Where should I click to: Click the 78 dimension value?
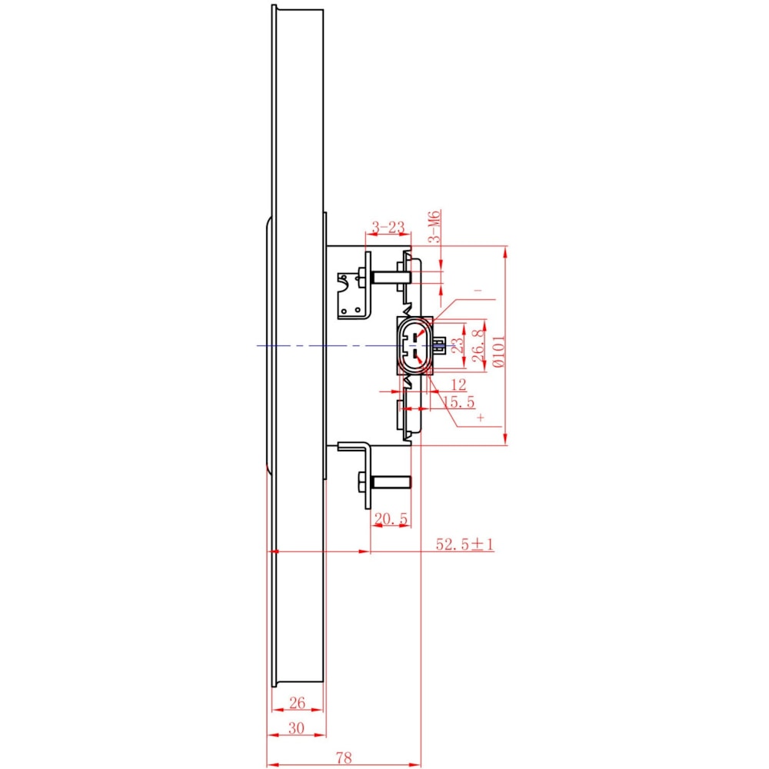[344, 757]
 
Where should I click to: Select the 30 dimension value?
[296, 728]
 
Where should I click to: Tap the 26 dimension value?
[297, 703]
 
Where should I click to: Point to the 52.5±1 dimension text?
[464, 544]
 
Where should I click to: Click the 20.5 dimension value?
[391, 518]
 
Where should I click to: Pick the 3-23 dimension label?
[388, 227]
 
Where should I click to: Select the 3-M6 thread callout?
[434, 226]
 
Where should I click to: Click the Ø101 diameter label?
[498, 351]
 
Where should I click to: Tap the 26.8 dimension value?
[478, 346]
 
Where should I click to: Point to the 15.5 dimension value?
[458, 402]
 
